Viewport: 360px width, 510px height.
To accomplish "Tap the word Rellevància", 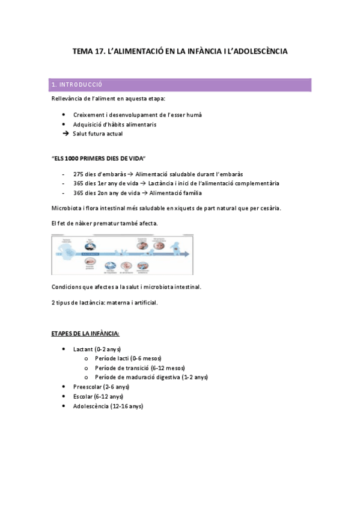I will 69,98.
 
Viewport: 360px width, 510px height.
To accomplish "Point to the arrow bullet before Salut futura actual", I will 65,134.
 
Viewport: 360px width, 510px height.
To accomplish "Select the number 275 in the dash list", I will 78,174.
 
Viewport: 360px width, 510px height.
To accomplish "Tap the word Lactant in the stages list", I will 83,349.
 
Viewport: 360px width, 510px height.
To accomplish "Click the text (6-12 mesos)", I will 168,367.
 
